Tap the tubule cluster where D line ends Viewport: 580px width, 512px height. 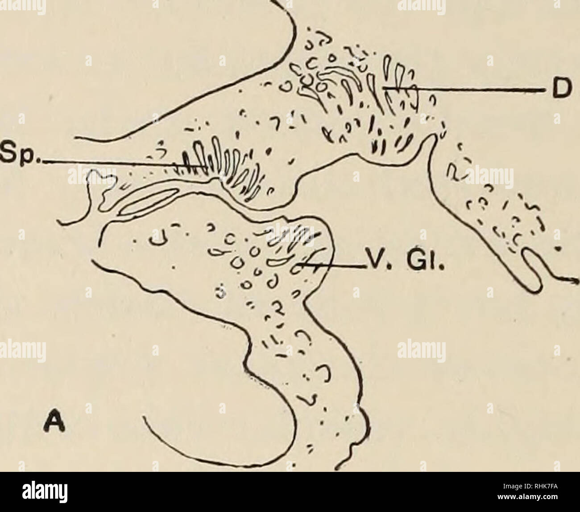[x=393, y=89]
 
